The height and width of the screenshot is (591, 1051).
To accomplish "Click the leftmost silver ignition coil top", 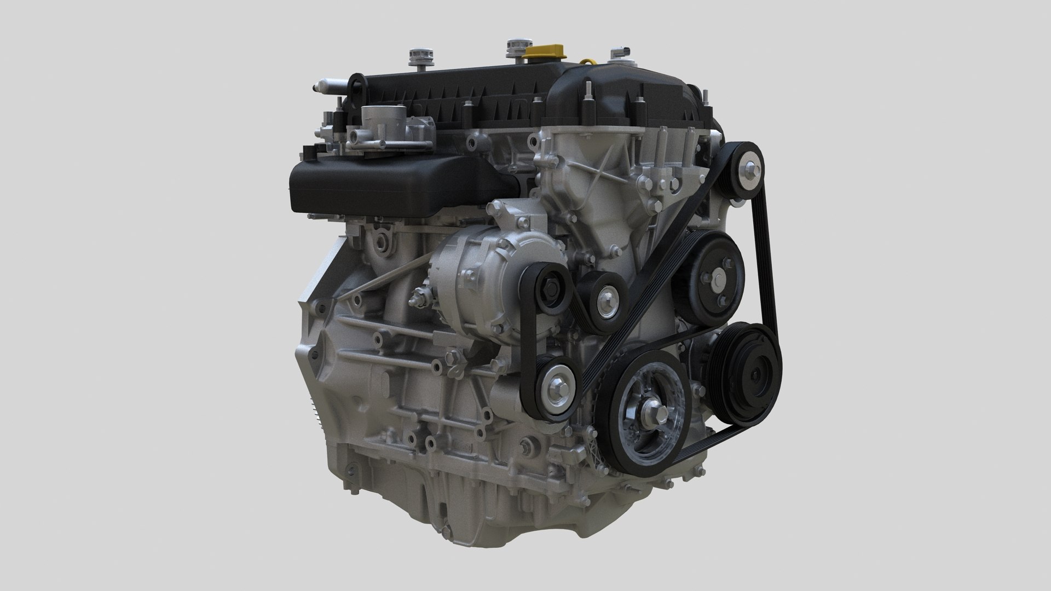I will (x=418, y=57).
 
